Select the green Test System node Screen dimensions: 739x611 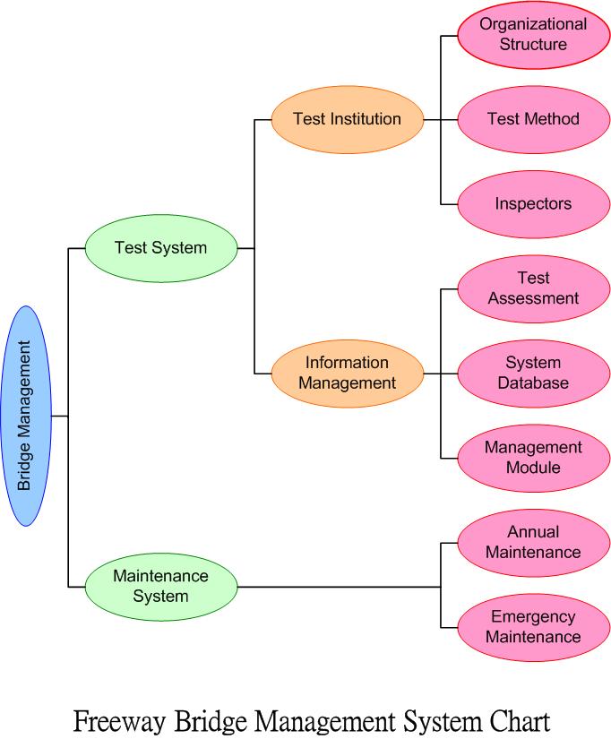coord(161,248)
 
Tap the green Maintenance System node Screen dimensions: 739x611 coord(161,586)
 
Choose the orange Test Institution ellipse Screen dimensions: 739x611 coord(347,119)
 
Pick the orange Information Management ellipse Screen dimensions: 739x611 coord(347,373)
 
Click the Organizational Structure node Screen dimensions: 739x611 coord(533,34)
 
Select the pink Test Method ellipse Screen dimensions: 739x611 coord(533,119)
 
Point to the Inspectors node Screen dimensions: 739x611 coord(533,203)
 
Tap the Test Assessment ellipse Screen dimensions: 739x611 coord(533,288)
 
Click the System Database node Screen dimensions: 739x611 coord(533,373)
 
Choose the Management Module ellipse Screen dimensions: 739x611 coord(533,457)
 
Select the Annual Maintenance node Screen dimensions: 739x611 coord(533,542)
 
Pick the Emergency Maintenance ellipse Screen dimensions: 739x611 coord(533,627)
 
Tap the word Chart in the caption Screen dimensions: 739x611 coord(510,720)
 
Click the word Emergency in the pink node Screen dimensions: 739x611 coord(533,617)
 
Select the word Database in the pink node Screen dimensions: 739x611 coord(533,383)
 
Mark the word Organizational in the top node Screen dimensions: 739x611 coord(533,24)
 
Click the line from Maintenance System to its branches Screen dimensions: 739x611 coord(340,587)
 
